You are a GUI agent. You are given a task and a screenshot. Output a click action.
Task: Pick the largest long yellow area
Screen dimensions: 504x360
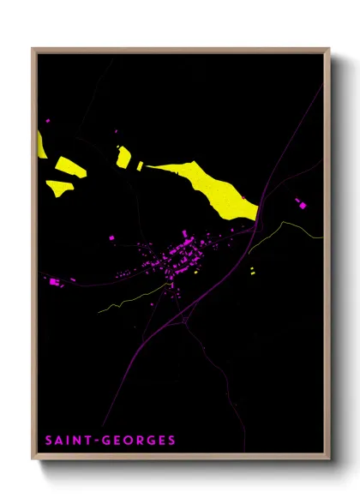210,187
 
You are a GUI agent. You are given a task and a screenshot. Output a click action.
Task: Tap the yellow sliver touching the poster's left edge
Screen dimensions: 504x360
41,143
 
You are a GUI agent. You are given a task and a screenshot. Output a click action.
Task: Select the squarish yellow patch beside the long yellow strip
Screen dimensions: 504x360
123,157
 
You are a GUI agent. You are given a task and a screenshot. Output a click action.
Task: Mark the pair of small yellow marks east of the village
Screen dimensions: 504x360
252,271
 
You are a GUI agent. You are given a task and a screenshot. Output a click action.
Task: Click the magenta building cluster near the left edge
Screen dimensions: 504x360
55,281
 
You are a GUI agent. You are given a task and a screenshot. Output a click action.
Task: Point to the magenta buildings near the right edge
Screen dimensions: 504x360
300,203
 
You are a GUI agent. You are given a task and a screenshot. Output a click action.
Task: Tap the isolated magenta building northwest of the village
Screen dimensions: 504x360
111,237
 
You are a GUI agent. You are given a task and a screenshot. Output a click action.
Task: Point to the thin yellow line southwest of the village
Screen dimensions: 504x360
129,301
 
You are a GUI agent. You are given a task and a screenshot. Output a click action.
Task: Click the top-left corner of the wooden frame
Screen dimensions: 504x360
33,49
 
